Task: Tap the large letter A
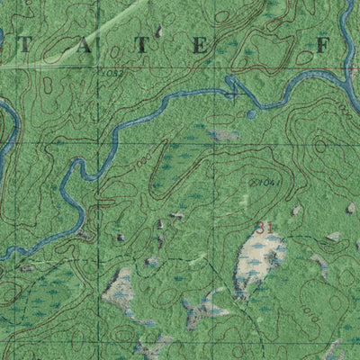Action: (85, 45)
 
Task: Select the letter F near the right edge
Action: (325, 44)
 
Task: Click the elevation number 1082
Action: (112, 71)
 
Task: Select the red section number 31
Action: (263, 227)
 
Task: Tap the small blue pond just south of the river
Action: (252, 114)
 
